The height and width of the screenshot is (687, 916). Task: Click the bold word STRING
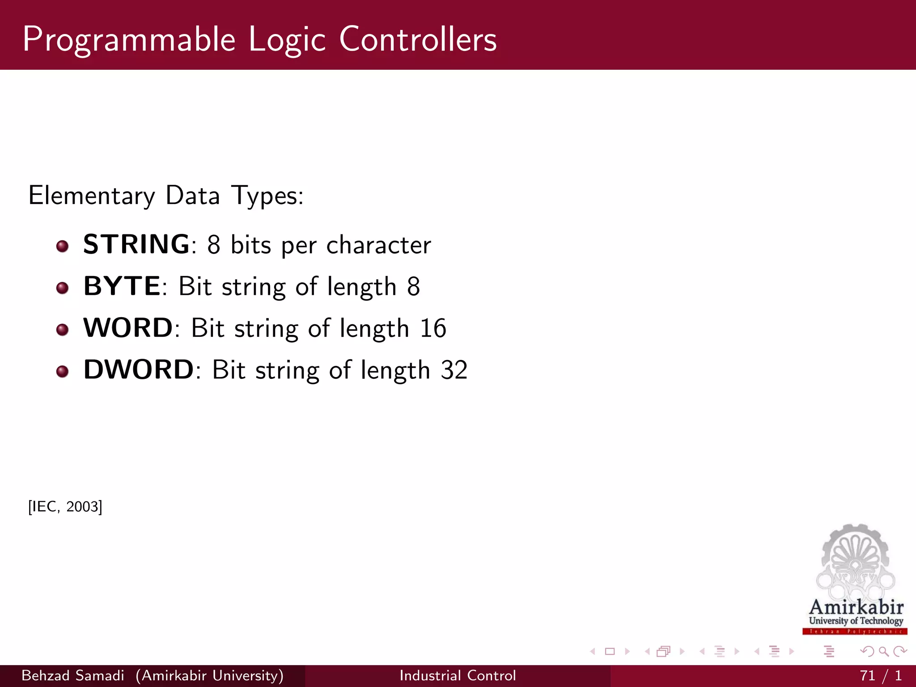[136, 244]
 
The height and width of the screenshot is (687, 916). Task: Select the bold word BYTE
[122, 286]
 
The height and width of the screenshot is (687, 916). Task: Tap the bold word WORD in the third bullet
[128, 328]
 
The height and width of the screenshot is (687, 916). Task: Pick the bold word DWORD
[139, 370]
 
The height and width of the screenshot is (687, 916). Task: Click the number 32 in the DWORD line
[454, 370]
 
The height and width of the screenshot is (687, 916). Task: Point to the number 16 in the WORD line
[433, 328]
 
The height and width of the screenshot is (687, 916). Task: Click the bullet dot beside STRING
[63, 246]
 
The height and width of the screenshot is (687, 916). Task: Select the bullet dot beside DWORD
[63, 371]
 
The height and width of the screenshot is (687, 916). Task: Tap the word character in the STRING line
[378, 245]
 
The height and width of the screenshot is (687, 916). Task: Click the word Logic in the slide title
[287, 40]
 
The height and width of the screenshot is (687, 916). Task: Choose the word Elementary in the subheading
[91, 196]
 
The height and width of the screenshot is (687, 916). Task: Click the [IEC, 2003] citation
[65, 507]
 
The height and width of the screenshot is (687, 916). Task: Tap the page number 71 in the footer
[867, 675]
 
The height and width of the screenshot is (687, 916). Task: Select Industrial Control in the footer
[458, 675]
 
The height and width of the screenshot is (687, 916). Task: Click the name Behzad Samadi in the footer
[73, 675]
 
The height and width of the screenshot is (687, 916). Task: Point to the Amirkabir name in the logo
[856, 607]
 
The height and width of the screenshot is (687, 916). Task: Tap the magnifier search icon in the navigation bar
[883, 652]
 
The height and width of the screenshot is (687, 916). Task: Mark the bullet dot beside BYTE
[63, 288]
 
